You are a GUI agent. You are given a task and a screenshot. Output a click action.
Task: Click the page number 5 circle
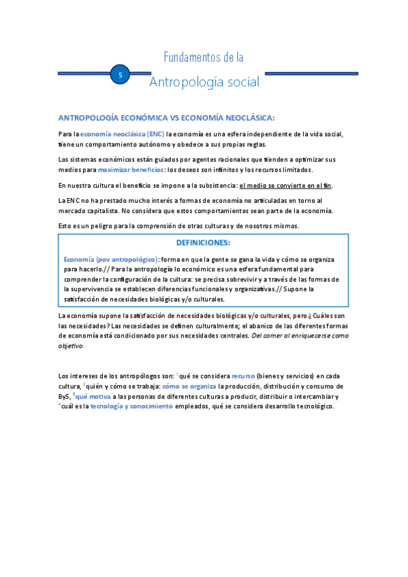coord(120,76)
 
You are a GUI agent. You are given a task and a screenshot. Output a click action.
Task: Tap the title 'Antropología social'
coord(204,82)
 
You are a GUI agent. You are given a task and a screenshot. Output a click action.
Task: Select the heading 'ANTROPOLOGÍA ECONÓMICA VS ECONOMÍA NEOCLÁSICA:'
coord(166,118)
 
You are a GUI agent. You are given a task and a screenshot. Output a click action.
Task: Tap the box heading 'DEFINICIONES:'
coord(204,243)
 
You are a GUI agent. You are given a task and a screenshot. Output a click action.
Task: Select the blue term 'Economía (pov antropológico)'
coord(110,259)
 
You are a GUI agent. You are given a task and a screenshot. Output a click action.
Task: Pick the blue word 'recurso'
coord(243,376)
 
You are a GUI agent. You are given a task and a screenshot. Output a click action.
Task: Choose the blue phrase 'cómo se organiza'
coord(189,386)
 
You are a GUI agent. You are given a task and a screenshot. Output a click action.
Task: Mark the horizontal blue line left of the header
coord(84,73)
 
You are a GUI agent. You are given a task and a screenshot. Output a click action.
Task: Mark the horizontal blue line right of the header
coord(307,73)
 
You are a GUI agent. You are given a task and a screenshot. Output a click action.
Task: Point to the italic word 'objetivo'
coord(71,346)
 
